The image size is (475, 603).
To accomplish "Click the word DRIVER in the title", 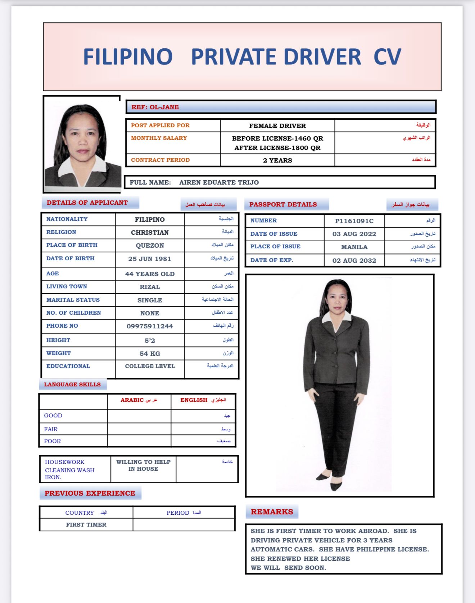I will [x=322, y=57].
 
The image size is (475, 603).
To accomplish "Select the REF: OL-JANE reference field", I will [x=155, y=107].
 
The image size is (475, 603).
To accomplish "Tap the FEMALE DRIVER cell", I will [x=277, y=126].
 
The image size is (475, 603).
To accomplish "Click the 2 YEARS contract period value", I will [x=277, y=160].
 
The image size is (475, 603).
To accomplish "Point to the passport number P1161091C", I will [x=354, y=221].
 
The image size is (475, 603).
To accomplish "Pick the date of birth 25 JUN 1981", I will [x=150, y=259].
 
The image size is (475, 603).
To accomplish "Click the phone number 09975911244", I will [x=150, y=326].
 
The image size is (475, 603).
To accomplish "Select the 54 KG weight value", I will [x=150, y=354].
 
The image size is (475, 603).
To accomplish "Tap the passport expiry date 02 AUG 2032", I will [x=354, y=261].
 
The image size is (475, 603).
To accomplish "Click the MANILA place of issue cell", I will [x=354, y=247].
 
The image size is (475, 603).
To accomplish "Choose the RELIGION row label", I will [x=61, y=232].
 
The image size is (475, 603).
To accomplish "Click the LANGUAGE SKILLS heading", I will [x=72, y=385].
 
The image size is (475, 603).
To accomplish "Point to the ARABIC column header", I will [x=132, y=400].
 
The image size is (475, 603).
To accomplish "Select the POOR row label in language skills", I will [x=53, y=441].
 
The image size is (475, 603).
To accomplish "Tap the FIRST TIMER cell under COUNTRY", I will [x=86, y=525].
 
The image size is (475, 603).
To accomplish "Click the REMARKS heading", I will [x=272, y=512].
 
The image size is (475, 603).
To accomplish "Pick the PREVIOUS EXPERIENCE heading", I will [x=90, y=493].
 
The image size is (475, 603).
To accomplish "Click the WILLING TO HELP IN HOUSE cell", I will [x=143, y=465].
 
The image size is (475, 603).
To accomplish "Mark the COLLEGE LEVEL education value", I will [x=150, y=366].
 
